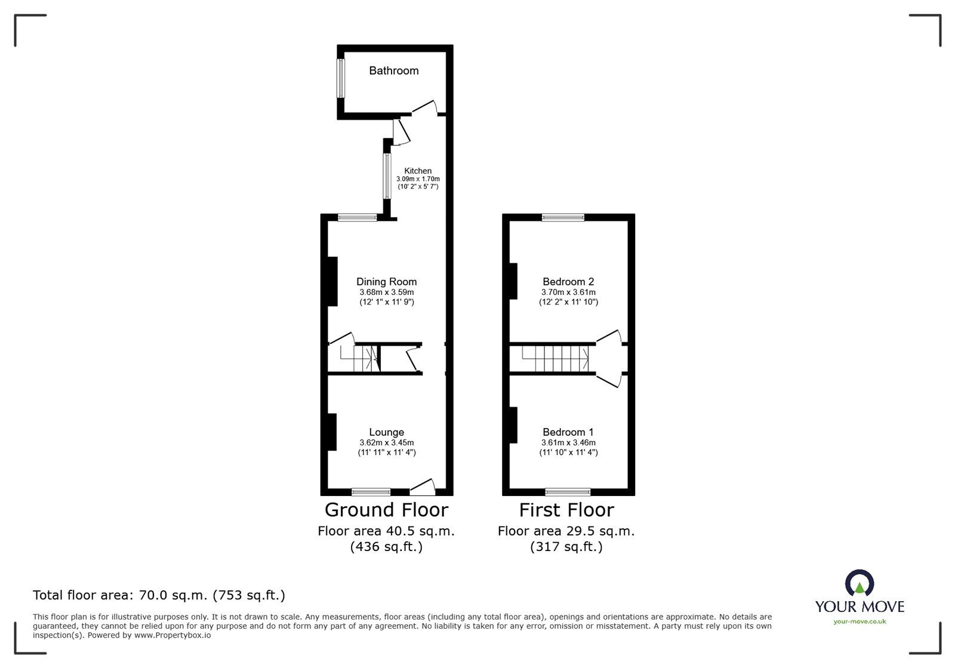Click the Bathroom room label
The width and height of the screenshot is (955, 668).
coord(393,71)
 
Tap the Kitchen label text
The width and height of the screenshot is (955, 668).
coord(418,171)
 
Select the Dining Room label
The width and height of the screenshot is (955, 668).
coord(386,282)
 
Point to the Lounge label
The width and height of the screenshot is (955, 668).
coord(386,432)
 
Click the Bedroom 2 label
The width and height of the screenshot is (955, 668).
coord(568,282)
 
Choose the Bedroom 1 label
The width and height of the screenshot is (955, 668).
coord(568,432)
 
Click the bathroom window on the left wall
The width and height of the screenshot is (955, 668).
coord(341,78)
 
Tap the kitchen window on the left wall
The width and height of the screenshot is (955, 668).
coord(387,176)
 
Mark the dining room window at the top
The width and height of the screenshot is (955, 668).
coord(358,218)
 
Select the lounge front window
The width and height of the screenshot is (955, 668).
coord(371,492)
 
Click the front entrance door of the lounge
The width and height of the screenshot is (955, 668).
coord(423,487)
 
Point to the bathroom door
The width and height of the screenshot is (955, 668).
coord(424,108)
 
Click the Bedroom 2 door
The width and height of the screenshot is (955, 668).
coord(609,336)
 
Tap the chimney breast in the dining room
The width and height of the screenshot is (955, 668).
coord(332,281)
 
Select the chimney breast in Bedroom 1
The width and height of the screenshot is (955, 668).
coord(513,425)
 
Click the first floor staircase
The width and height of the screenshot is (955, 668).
coord(553,359)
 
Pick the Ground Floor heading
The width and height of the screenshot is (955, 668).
coord(386,510)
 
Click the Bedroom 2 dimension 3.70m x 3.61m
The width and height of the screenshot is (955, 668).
coord(568,293)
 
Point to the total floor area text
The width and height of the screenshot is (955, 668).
coord(159,595)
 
